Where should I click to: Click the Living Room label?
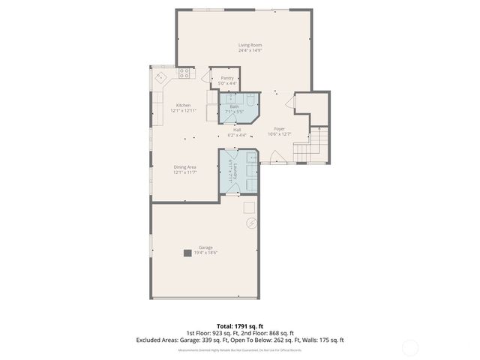click(250, 45)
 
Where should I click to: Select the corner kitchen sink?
click(160, 77)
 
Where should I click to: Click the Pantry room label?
click(226, 77)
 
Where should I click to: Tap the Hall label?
click(237, 130)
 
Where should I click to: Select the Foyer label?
click(279, 129)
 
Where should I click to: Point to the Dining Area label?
click(184, 167)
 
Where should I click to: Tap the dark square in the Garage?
click(187, 253)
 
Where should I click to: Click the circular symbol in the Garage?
click(252, 223)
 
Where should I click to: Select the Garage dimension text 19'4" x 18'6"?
click(205, 253)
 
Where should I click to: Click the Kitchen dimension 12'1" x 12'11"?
click(183, 110)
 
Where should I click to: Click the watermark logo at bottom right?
click(410, 347)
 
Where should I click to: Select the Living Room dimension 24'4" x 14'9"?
click(250, 51)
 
